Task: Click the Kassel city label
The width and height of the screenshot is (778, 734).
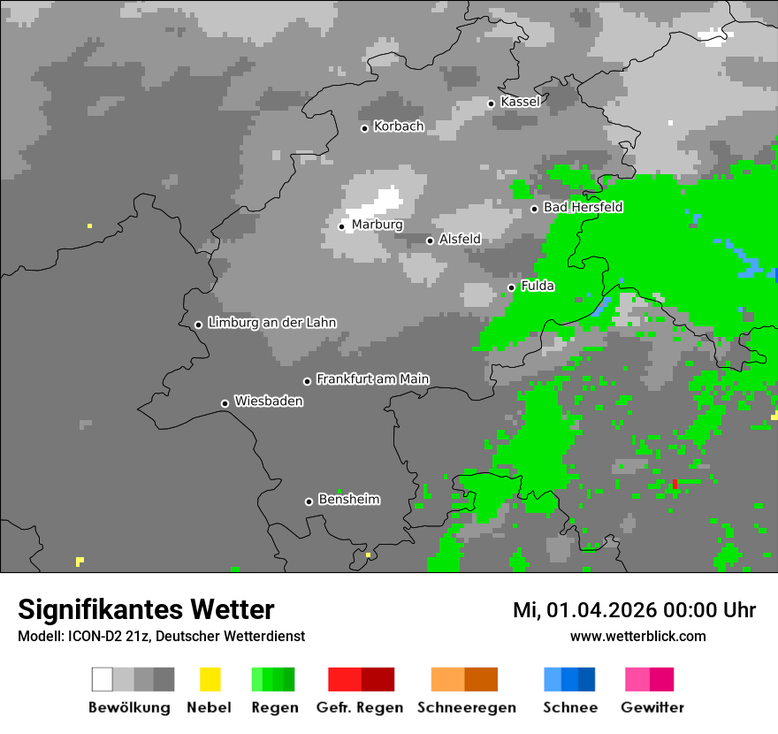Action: point(520,102)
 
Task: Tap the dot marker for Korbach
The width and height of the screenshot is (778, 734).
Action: point(364,128)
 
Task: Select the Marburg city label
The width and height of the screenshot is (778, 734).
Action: point(377,225)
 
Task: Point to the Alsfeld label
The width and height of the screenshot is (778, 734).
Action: point(460,239)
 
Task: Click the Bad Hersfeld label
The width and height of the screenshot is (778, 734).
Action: point(583,207)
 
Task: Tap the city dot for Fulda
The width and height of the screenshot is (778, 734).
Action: point(511,287)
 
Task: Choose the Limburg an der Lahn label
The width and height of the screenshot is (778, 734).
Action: point(271,323)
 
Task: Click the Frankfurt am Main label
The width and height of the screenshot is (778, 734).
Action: point(372,379)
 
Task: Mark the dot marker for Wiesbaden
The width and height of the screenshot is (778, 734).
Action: point(225,403)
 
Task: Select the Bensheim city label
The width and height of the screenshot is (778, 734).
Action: point(348,500)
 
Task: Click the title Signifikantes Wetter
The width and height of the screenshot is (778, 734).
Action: point(146,609)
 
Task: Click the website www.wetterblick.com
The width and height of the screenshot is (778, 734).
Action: point(637,636)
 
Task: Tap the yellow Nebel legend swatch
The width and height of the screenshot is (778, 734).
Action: point(210,679)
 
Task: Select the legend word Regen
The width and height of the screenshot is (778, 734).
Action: point(272,707)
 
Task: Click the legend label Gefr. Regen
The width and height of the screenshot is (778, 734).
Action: point(360,707)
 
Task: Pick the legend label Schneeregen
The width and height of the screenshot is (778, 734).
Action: point(466,707)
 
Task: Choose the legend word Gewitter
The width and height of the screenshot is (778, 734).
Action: point(652,707)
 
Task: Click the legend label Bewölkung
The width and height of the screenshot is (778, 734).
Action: point(129,707)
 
